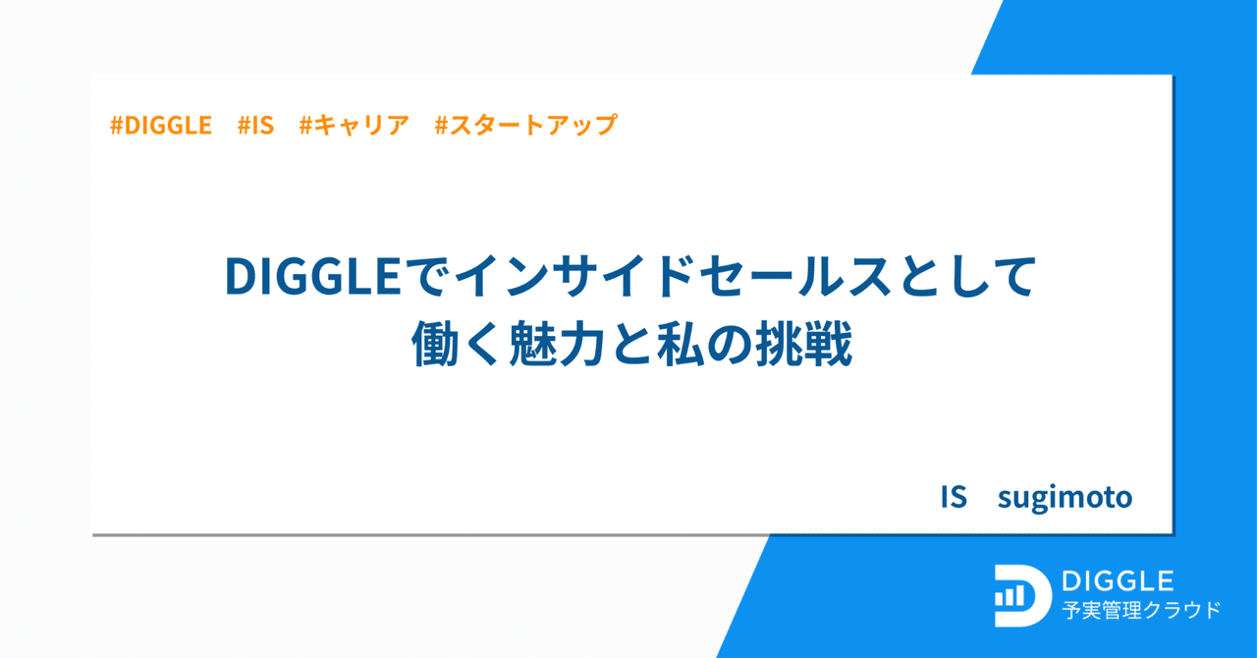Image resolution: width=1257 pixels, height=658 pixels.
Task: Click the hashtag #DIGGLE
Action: click(161, 126)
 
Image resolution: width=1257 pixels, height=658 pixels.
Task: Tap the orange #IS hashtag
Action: click(255, 126)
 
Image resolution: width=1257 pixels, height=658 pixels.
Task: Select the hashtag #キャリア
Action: click(354, 126)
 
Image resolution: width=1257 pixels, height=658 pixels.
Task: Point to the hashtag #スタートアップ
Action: click(525, 126)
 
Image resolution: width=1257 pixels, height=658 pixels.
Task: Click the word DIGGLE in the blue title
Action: click(312, 278)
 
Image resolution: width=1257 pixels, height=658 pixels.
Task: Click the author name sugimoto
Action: click(1065, 497)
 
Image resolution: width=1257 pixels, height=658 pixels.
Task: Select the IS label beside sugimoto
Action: click(954, 497)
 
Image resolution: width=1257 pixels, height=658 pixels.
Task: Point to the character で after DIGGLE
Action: click(428, 278)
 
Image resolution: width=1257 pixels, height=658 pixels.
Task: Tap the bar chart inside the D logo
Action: click(1011, 596)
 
